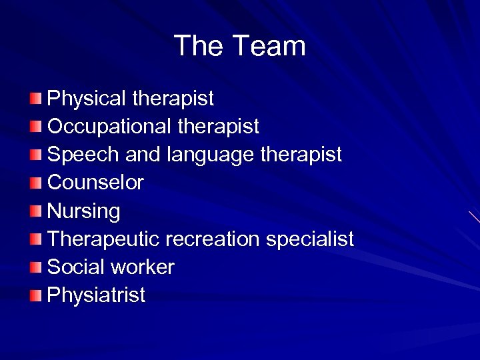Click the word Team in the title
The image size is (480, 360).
click(269, 46)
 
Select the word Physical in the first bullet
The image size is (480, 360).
click(87, 99)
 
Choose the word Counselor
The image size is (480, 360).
click(95, 183)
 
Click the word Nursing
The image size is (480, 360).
click(84, 211)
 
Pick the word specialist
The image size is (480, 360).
click(310, 239)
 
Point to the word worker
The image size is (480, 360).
click(143, 267)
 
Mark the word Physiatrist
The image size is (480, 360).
click(96, 295)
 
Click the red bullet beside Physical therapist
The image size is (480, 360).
click(35, 99)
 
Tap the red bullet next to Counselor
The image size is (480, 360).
click(35, 183)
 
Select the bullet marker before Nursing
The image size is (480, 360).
click(35, 211)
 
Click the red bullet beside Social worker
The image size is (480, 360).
click(35, 267)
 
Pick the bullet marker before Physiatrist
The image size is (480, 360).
click(35, 295)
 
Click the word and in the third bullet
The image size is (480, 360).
click(139, 155)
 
